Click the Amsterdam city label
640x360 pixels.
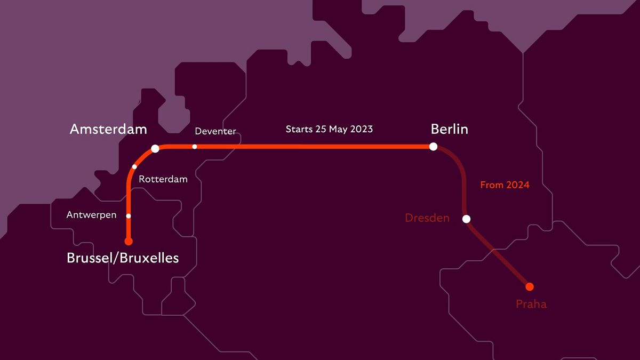pyautogui.click(x=108, y=129)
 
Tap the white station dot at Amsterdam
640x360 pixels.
pyautogui.click(x=155, y=148)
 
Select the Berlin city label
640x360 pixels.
pyautogui.click(x=449, y=129)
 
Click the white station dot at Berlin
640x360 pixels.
pyautogui.click(x=433, y=146)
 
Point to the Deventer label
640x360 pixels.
pyautogui.click(x=215, y=131)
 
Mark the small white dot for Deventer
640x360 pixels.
pyautogui.click(x=195, y=147)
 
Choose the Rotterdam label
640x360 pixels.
pyautogui.click(x=163, y=179)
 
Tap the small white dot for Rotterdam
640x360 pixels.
pyautogui.click(x=134, y=166)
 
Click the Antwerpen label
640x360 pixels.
pyautogui.click(x=91, y=215)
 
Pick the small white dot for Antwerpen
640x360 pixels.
pyautogui.click(x=129, y=216)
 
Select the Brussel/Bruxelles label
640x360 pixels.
pyautogui.click(x=123, y=258)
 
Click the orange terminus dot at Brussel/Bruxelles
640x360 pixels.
pyautogui.click(x=129, y=241)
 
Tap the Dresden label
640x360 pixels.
pyautogui.click(x=427, y=218)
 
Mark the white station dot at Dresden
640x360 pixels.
pyautogui.click(x=466, y=219)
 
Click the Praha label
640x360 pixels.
pyautogui.click(x=531, y=304)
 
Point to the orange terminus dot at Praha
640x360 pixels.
pyautogui.click(x=530, y=286)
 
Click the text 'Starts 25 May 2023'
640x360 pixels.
pyautogui.click(x=329, y=129)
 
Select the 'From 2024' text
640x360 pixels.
pyautogui.click(x=505, y=185)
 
